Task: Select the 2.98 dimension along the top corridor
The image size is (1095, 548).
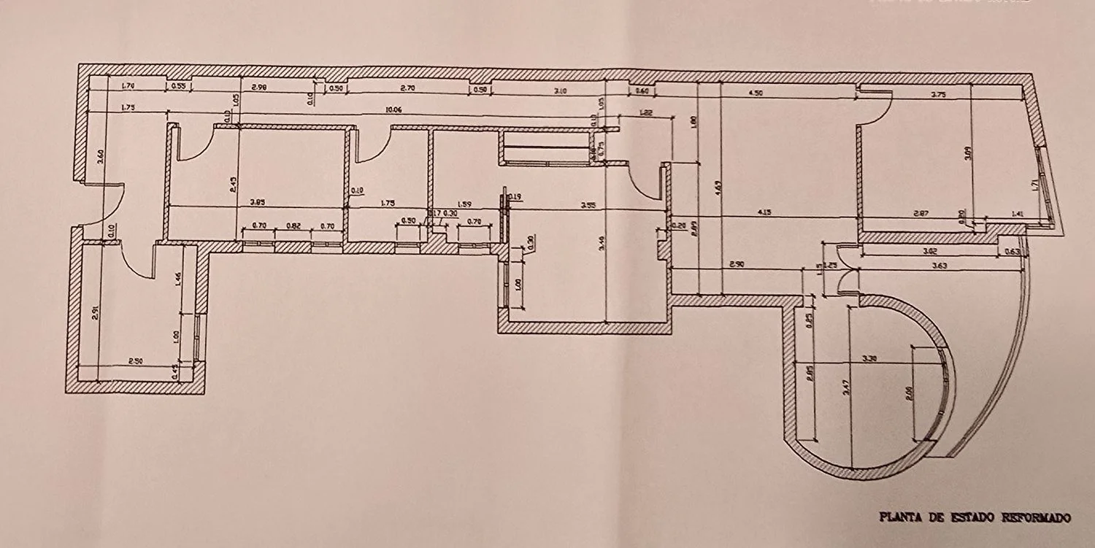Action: coord(258,88)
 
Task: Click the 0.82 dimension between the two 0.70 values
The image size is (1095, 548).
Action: coord(293,226)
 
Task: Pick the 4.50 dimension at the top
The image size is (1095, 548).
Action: coord(755,93)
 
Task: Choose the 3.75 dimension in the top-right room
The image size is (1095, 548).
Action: coord(938,93)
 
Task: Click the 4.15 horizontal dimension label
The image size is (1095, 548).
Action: coord(764,212)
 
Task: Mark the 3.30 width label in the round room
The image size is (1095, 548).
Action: coord(869,359)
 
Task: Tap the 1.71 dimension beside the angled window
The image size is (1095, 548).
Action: coord(1034,186)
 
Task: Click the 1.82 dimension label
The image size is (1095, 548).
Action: coord(645,112)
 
